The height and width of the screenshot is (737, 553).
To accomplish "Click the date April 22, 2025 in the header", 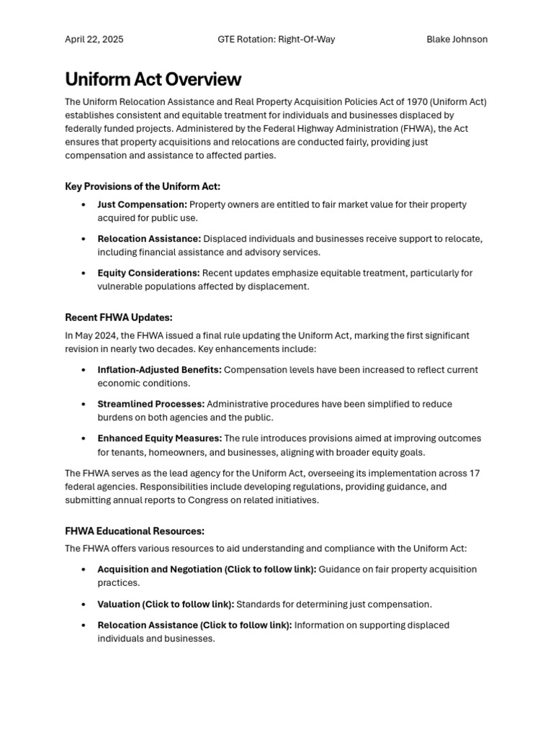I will click(94, 40).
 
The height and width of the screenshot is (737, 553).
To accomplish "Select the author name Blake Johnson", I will click(457, 40).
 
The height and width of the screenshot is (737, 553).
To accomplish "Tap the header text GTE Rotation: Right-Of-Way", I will click(276, 40).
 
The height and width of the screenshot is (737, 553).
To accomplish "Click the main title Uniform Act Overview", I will click(153, 79).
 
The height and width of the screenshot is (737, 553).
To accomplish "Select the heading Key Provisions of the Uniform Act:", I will click(143, 186).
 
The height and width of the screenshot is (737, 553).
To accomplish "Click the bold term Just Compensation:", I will click(142, 204).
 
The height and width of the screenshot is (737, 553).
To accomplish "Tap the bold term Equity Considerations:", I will click(148, 273).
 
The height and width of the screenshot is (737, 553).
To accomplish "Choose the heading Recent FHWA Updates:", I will click(119, 317).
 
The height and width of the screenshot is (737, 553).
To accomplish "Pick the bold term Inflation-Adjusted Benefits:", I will click(159, 370).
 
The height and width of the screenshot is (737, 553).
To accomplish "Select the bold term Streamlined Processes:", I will click(150, 404).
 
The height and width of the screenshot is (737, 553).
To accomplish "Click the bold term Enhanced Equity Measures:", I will click(159, 438).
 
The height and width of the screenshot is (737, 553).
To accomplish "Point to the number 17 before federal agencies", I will click(474, 473).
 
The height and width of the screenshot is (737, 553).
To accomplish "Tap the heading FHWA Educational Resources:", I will click(135, 531).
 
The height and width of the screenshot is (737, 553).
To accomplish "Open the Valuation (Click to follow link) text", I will click(166, 605).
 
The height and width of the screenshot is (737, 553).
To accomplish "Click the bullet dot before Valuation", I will click(84, 605).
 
